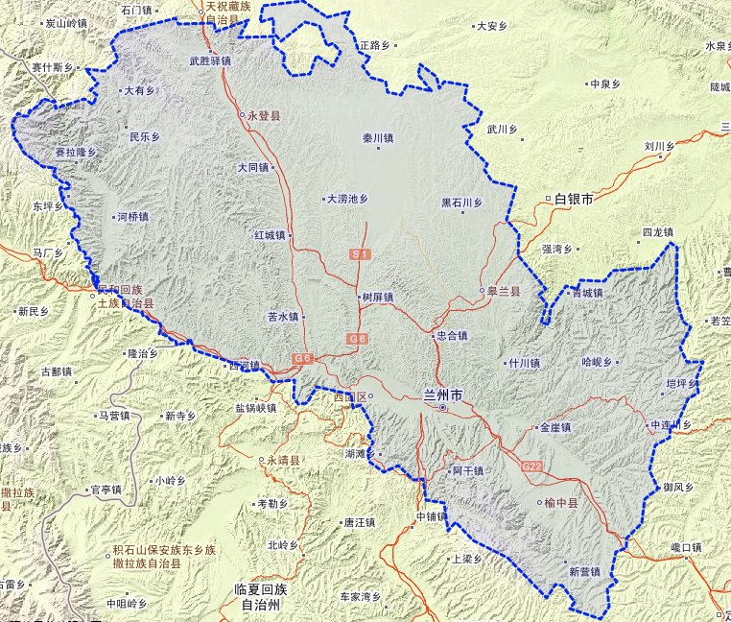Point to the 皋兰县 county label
pyautogui.click(x=505, y=291)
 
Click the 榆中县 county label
pyautogui.click(x=561, y=502)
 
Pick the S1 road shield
pyautogui.click(x=360, y=254)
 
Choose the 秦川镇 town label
pyautogui.click(x=378, y=138)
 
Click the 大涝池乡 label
pyautogui.click(x=346, y=200)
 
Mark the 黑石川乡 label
pyautogui.click(x=461, y=203)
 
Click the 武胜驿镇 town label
pyautogui.click(x=210, y=60)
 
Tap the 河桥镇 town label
pyautogui.click(x=132, y=217)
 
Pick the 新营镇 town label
pyautogui.click(x=583, y=571)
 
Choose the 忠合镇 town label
pyautogui.click(x=451, y=336)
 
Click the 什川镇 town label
pyautogui.click(x=525, y=364)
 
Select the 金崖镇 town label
pyautogui.click(x=555, y=427)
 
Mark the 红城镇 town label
pyautogui.click(x=271, y=234)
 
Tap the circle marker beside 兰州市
pyautogui.click(x=442, y=409)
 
